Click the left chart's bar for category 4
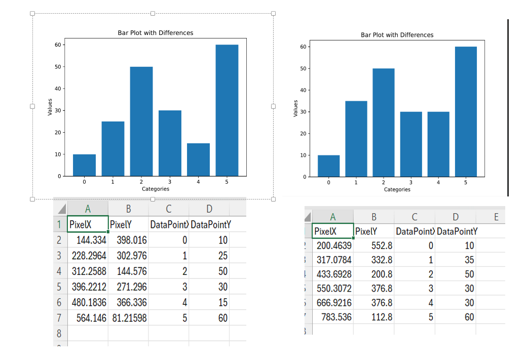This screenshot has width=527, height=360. (x=198, y=159)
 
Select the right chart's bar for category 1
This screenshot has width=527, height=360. (x=356, y=139)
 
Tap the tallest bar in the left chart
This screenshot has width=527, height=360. (x=227, y=110)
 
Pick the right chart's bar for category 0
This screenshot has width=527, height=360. (x=328, y=166)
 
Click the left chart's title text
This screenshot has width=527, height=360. (x=156, y=33)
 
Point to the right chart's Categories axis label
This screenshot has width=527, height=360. (x=397, y=189)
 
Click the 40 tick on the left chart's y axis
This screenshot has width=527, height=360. (x=58, y=89)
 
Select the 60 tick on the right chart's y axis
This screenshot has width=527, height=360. (x=304, y=47)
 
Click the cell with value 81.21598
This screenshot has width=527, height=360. (x=129, y=318)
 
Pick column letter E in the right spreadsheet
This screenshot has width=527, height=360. (x=496, y=217)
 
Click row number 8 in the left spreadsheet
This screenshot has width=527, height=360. (x=59, y=334)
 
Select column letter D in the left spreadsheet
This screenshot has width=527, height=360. (x=209, y=209)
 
